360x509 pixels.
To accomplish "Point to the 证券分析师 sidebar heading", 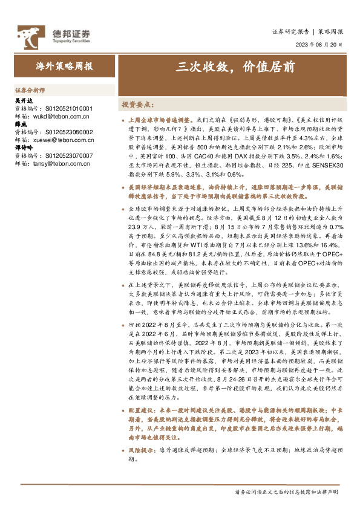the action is (29, 88).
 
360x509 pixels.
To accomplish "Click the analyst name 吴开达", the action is (22, 101).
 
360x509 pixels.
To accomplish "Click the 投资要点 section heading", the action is (139, 104).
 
